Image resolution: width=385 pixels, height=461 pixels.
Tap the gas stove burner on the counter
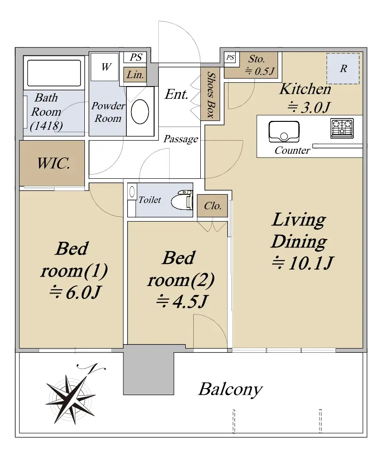342,128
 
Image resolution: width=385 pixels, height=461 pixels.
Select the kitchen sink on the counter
284,132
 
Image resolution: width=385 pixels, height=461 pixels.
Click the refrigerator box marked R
343,69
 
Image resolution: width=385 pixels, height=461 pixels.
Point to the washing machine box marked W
105,67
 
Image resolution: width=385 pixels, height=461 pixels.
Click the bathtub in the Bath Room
54,73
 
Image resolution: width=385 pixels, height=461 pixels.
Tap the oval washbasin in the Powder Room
140,111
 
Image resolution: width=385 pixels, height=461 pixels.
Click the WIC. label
54,163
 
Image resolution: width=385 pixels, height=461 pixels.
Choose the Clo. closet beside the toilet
213,206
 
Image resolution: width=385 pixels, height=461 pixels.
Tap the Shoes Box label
210,95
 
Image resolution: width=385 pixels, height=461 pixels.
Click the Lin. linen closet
135,75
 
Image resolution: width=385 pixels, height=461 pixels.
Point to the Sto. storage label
256,59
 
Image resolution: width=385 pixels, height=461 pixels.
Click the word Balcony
230,390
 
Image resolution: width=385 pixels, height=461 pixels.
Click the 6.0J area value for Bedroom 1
75,292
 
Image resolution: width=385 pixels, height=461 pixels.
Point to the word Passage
180,139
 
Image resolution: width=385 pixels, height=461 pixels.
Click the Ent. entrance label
176,95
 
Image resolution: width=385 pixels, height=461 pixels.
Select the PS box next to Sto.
230,57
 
